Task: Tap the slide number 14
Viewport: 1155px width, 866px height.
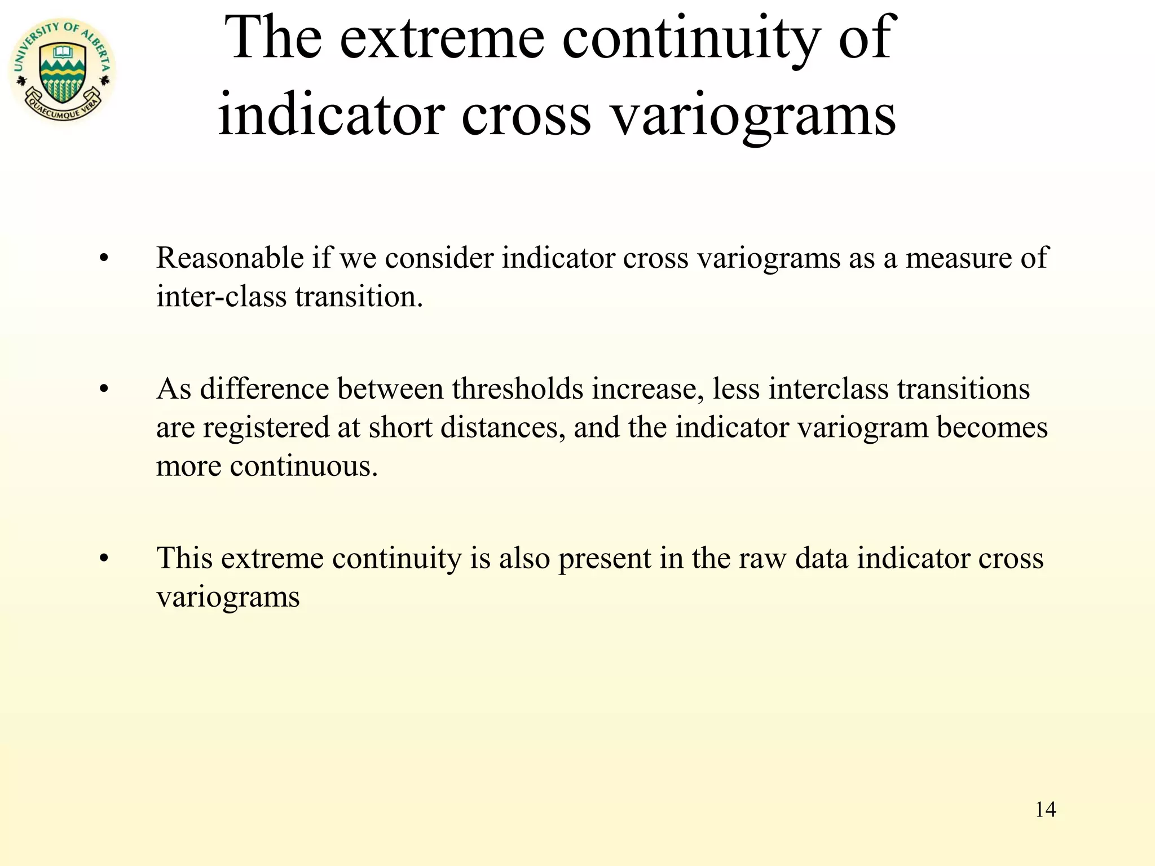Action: click(x=1045, y=810)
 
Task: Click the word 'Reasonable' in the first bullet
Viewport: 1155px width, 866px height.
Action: click(x=230, y=258)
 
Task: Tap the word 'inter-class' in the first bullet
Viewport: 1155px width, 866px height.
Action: click(x=221, y=297)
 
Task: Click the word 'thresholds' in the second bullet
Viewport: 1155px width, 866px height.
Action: click(x=517, y=389)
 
